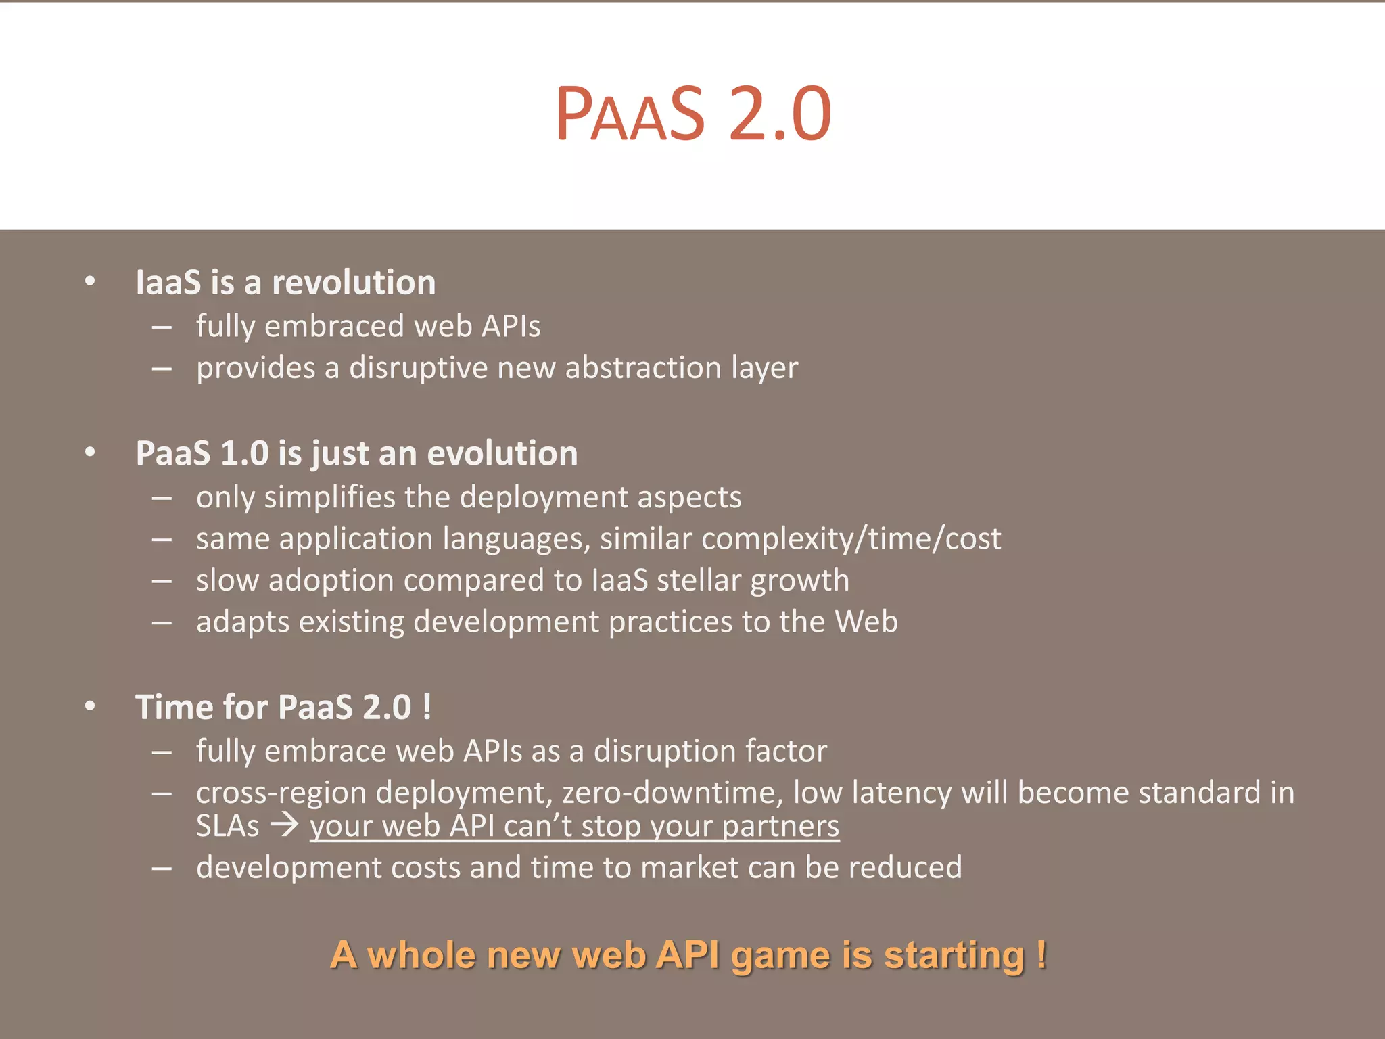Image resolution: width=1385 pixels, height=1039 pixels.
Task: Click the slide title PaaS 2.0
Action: [x=692, y=114]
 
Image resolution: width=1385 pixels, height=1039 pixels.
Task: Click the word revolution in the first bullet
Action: [x=354, y=282]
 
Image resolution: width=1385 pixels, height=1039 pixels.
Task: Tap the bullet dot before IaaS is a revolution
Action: [x=90, y=281]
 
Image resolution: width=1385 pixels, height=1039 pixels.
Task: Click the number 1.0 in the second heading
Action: [x=245, y=453]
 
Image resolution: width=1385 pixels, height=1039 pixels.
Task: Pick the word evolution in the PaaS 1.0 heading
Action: [x=502, y=453]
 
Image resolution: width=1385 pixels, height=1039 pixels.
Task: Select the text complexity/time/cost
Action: [x=851, y=539]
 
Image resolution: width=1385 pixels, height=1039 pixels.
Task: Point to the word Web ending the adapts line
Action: [x=866, y=622]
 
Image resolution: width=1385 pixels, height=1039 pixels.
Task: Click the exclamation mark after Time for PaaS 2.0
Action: [x=426, y=708]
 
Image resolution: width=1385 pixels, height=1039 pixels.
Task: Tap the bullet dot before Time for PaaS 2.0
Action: [x=90, y=706]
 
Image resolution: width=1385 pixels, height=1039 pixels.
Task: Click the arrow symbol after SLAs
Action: [x=284, y=826]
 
